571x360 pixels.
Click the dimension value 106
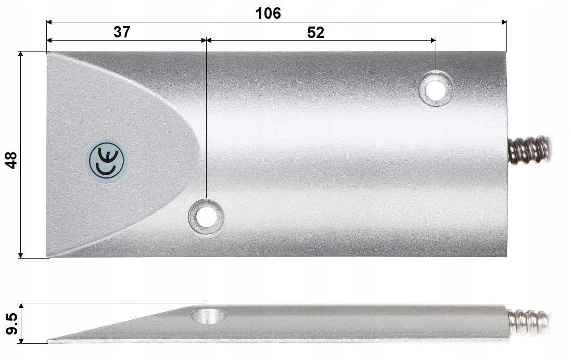pyautogui.click(x=268, y=13)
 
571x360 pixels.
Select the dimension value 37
pyautogui.click(x=122, y=32)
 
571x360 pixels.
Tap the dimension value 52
pyautogui.click(x=315, y=32)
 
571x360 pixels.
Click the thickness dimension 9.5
pyautogui.click(x=10, y=324)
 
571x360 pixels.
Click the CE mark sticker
pyautogui.click(x=106, y=160)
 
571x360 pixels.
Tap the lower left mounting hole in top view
pyautogui.click(x=206, y=216)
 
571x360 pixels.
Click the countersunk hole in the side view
pyautogui.click(x=208, y=315)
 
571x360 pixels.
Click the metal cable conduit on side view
pyautogui.click(x=528, y=323)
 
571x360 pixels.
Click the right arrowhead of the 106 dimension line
pyautogui.click(x=503, y=22)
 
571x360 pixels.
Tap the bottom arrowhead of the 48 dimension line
pyautogui.click(x=21, y=255)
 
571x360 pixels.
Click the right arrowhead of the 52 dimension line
pyautogui.click(x=433, y=40)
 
